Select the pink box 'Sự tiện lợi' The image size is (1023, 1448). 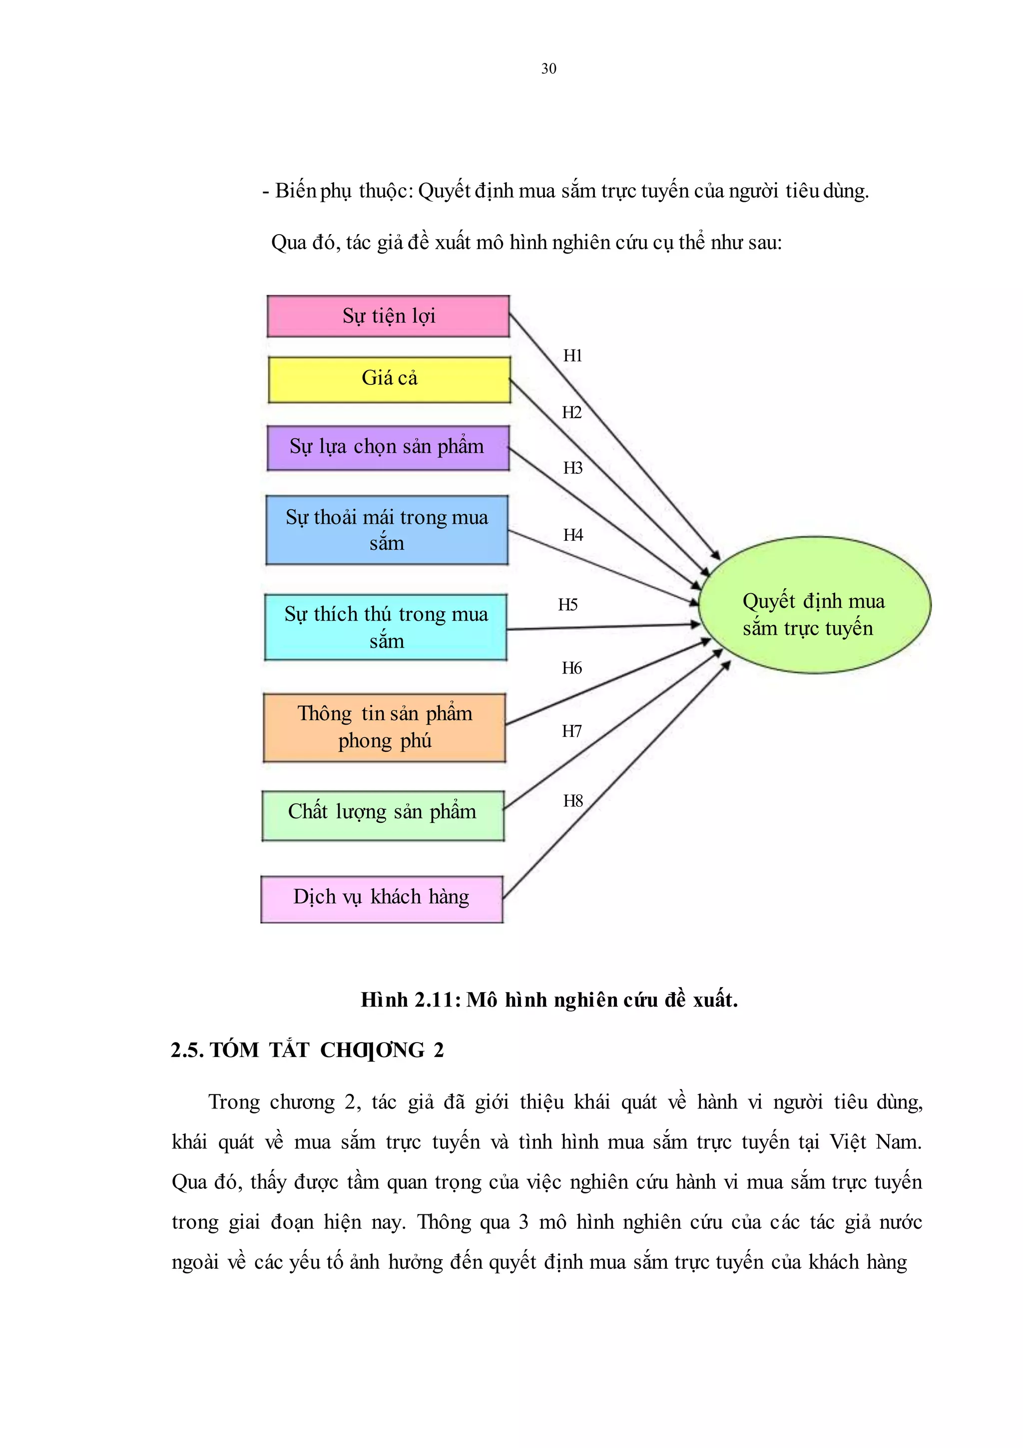click(388, 316)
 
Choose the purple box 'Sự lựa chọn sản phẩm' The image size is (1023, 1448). click(388, 448)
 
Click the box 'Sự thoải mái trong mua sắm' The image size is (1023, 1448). click(387, 530)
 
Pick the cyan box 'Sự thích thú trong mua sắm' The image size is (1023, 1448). click(386, 627)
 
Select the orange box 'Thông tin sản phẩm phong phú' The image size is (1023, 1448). click(384, 727)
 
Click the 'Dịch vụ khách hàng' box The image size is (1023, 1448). click(381, 898)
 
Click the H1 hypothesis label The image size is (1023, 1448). click(572, 356)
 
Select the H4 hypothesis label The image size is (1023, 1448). click(573, 535)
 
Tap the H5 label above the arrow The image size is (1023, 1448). click(567, 605)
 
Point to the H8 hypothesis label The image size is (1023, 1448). click(572, 801)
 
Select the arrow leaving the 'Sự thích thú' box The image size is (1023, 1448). click(603, 627)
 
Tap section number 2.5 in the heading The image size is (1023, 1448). click(186, 1050)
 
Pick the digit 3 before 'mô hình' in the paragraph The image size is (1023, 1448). click(523, 1222)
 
